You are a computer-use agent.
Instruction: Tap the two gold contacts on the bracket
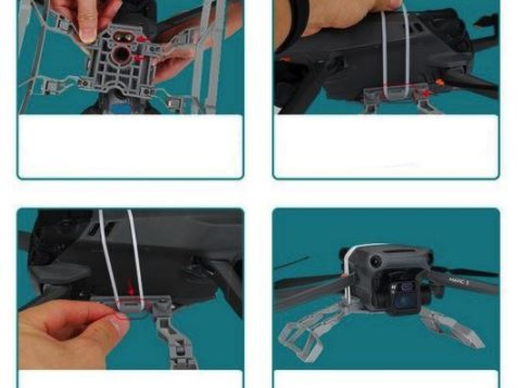124,37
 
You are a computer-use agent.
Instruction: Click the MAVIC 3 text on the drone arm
459,281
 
